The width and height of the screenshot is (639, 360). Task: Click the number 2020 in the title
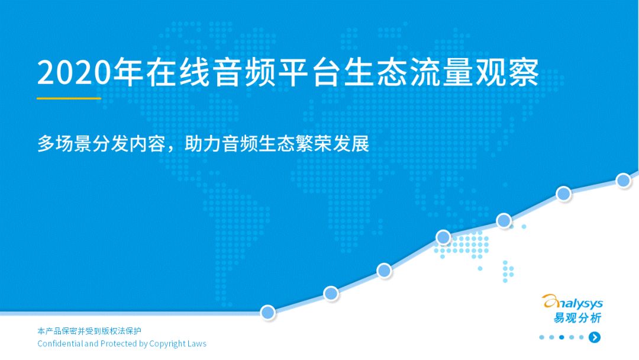74,73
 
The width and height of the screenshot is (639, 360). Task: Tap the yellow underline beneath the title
69,98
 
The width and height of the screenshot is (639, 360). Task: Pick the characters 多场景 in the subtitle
64,143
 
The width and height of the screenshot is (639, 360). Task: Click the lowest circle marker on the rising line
268,312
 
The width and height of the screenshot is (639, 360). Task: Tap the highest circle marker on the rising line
624,180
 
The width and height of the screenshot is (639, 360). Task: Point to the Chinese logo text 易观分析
577,317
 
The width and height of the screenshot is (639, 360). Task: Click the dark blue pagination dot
561,337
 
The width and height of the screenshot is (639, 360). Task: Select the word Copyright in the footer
167,343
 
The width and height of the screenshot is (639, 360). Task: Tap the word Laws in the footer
197,343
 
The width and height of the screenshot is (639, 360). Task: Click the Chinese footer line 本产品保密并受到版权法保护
89,330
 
